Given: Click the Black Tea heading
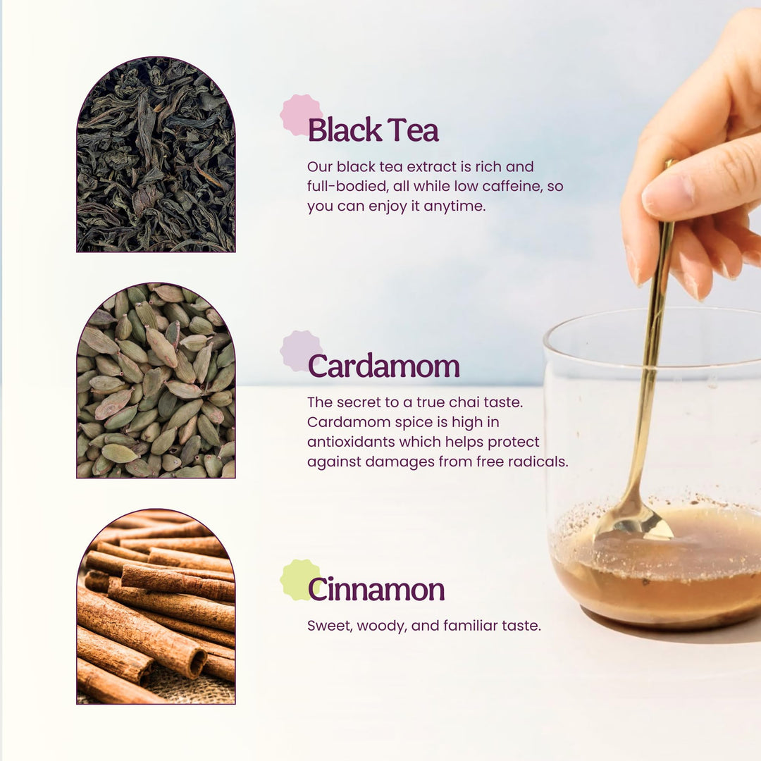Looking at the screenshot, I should (x=373, y=131).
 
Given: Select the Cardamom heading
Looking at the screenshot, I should (x=383, y=366).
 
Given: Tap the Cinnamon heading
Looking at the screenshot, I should (x=376, y=590).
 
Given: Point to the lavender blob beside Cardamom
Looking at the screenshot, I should (x=296, y=349).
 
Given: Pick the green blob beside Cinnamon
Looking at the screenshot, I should (x=296, y=577).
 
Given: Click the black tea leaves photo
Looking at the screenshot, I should (x=156, y=159).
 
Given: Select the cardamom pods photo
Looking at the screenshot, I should (x=156, y=384).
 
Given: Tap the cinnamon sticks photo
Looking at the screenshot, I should (x=156, y=610).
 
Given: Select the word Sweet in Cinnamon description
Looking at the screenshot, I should (x=327, y=626).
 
